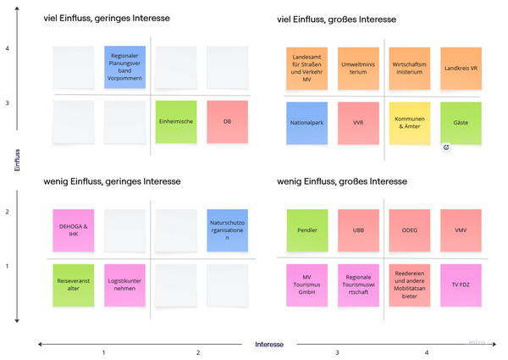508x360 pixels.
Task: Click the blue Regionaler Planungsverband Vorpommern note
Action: point(124,67)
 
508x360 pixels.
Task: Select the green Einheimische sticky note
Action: point(176,122)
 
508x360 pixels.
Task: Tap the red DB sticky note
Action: point(227,122)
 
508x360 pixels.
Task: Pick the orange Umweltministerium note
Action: point(358,68)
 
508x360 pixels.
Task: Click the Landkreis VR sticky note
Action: point(461,68)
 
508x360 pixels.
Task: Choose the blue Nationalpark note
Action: point(306,123)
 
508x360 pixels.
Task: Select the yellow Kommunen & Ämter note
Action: point(410,123)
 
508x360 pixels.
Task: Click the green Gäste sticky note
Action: point(461,123)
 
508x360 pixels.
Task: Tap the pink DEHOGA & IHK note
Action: point(73,230)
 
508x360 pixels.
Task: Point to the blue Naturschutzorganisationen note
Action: point(227,230)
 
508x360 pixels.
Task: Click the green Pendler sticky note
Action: point(306,230)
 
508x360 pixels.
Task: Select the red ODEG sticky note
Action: point(410,230)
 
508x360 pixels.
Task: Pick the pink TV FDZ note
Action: point(461,285)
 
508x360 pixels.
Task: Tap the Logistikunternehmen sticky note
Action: point(124,285)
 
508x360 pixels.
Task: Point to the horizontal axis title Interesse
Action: point(268,345)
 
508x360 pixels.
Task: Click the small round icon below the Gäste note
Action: point(446,147)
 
